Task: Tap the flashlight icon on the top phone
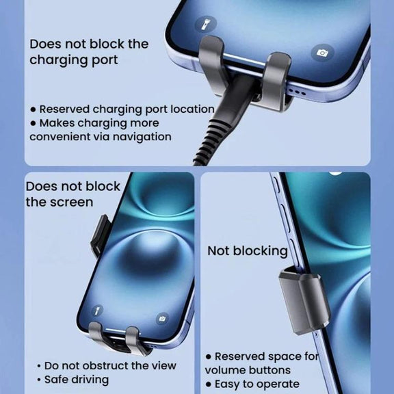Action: [x=206, y=25]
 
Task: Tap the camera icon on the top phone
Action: [x=322, y=53]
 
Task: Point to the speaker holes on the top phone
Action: [x=298, y=92]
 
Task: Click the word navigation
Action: [x=142, y=137]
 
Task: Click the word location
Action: [x=192, y=109]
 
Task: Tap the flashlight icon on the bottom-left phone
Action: [x=97, y=311]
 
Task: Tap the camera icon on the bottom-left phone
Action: [x=162, y=319]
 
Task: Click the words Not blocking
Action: [x=248, y=251]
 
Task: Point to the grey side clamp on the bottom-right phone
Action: [x=304, y=300]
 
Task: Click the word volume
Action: [x=224, y=370]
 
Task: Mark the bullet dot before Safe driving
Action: [x=39, y=380]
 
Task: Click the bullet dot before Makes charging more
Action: [x=33, y=123]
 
